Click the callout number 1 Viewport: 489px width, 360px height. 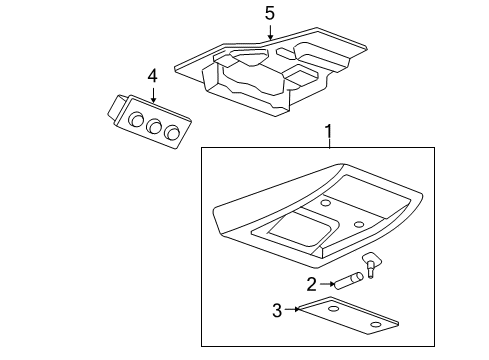coord(327,130)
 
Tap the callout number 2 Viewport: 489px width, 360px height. coord(312,284)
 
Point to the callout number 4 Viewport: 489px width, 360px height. coord(152,75)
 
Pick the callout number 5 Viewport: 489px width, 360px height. coord(269,13)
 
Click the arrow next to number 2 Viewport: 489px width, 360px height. coord(332,284)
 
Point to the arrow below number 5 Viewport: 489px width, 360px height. coord(269,34)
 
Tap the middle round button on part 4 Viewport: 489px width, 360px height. coord(153,127)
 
